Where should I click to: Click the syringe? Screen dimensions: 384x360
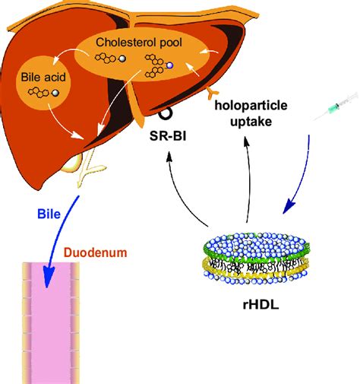click(335, 111)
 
